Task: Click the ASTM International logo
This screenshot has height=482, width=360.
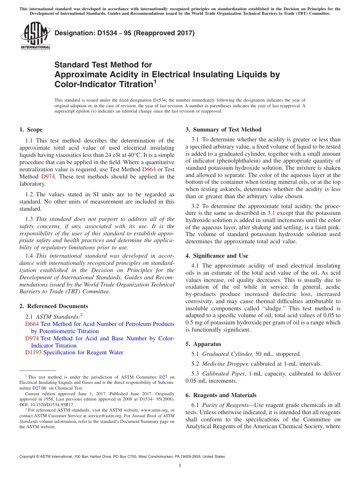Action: (x=35, y=36)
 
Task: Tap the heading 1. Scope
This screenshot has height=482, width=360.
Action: (x=31, y=130)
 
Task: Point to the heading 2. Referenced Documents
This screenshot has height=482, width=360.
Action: (x=54, y=306)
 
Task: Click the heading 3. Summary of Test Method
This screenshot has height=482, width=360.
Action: (x=223, y=130)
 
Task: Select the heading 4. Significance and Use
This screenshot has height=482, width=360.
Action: (x=217, y=256)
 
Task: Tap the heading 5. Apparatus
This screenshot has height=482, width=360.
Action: (x=203, y=344)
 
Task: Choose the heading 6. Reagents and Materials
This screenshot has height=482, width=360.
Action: (x=221, y=395)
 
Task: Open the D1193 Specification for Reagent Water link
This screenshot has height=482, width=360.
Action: (x=74, y=352)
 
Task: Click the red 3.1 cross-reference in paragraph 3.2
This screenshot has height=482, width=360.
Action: (x=271, y=213)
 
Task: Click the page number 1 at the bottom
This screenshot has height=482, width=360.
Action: (x=180, y=465)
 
